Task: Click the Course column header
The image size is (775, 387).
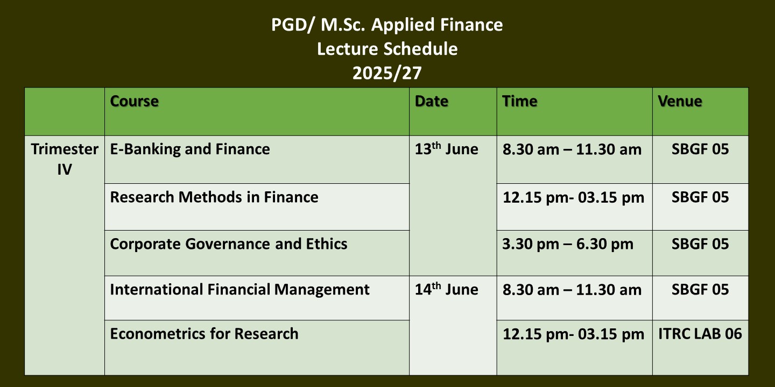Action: [134, 101]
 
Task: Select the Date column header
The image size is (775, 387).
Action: [432, 101]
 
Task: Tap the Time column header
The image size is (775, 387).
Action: [520, 101]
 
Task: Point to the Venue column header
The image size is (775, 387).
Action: [680, 101]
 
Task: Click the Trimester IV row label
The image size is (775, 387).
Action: [65, 159]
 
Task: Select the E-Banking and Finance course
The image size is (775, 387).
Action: [190, 149]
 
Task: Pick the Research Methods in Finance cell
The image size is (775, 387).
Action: [214, 197]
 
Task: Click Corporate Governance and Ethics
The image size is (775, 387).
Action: [229, 244]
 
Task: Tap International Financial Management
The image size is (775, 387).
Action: [240, 290]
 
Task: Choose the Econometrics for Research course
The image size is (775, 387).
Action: [204, 334]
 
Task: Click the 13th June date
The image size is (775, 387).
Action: [446, 148]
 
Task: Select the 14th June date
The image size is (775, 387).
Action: [446, 289]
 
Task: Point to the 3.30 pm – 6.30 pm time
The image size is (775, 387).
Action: [568, 244]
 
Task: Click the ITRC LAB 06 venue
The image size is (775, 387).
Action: [700, 334]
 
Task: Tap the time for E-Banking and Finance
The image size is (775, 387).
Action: [572, 149]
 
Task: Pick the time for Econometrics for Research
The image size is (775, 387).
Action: [573, 334]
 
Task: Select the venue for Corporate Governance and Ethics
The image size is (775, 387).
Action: [700, 244]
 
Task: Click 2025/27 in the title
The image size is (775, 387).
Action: [387, 73]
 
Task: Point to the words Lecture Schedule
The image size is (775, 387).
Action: [387, 49]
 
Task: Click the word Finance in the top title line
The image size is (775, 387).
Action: [471, 25]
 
